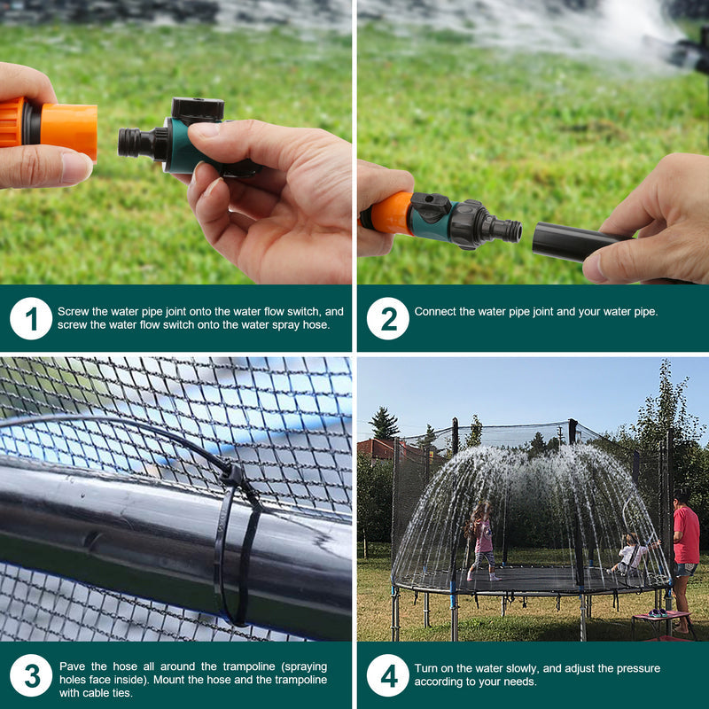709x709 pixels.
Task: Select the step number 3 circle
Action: [31, 675]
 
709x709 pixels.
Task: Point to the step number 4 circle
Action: [388, 675]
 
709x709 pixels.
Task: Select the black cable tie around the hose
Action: [233, 541]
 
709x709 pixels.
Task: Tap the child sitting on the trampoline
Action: [630, 556]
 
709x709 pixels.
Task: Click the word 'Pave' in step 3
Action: [72, 666]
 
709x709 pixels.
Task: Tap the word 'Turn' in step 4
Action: [426, 668]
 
